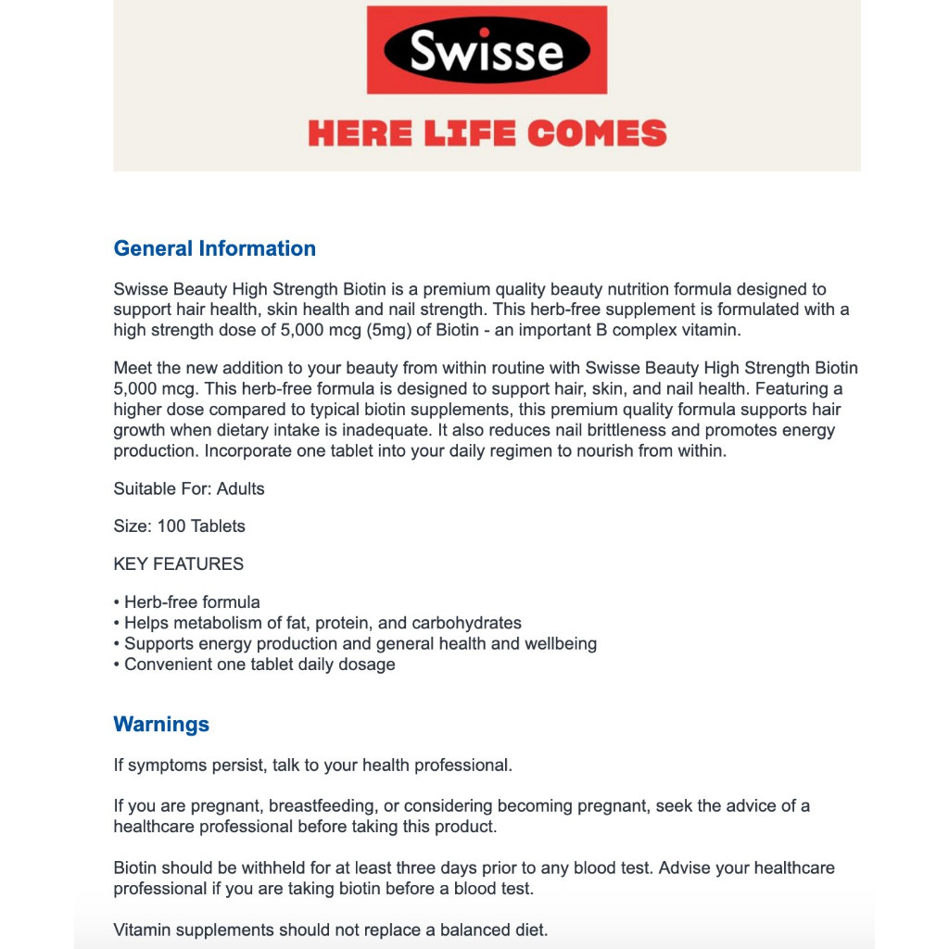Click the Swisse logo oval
pos(487,50)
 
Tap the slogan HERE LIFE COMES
pos(487,133)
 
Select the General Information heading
pos(214,248)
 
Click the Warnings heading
pos(161,724)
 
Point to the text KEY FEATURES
pos(179,563)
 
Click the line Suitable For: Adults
pos(189,488)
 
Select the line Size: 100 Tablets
pos(179,525)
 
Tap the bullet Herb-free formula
pos(192,602)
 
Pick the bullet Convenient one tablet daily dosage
pos(259,664)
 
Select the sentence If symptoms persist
pos(312,766)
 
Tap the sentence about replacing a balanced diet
pos(330,930)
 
